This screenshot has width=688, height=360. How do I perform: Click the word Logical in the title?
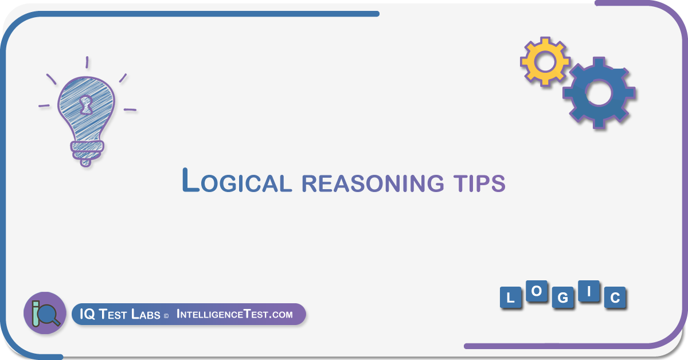coord(236,181)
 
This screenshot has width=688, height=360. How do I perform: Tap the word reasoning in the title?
coord(373,183)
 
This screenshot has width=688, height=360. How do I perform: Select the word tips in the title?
coord(479,183)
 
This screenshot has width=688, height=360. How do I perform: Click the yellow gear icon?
coord(545,61)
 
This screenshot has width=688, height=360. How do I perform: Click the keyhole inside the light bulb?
coord(86,105)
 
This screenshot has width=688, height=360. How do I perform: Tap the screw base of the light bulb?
coord(87,152)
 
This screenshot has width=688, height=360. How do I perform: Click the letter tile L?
coord(510,298)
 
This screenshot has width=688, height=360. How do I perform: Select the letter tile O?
coord(537,291)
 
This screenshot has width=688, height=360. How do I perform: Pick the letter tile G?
coord(562,298)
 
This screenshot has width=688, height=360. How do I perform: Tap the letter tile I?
coord(589,291)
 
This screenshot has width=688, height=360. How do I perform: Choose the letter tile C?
coord(615,298)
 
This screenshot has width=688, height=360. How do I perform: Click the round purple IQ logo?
coord(45,313)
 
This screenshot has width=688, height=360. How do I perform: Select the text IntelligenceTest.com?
coord(234,314)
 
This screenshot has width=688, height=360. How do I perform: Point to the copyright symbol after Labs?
coord(166,316)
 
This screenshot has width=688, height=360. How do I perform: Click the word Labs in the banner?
coord(146,314)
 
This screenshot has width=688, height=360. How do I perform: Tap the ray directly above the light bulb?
coord(87,62)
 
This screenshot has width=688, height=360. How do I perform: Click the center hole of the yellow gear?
coord(545,62)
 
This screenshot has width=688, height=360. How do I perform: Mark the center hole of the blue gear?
coord(599,92)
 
